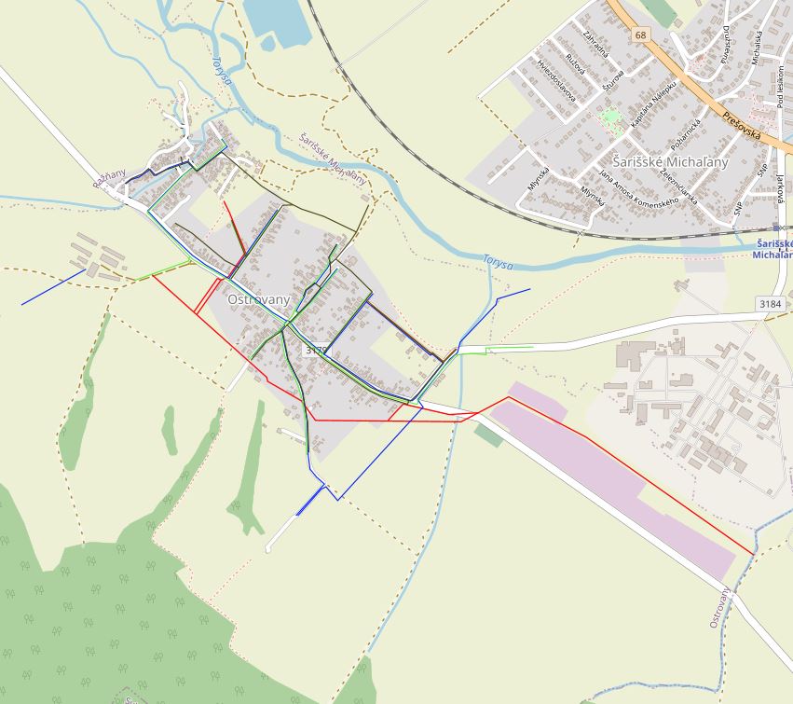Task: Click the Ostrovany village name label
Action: point(259,300)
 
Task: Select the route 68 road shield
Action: point(640,35)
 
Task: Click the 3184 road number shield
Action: point(770,304)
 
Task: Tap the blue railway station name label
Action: point(772,248)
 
